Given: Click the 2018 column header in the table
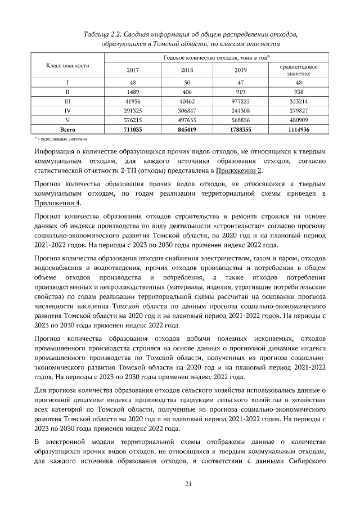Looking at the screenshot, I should click(x=187, y=70).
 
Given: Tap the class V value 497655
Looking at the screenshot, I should click(x=187, y=120).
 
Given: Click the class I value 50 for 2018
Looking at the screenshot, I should click(x=187, y=82).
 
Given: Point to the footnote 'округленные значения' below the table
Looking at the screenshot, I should click(x=64, y=138).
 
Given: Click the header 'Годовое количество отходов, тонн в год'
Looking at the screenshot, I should click(x=214, y=58).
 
